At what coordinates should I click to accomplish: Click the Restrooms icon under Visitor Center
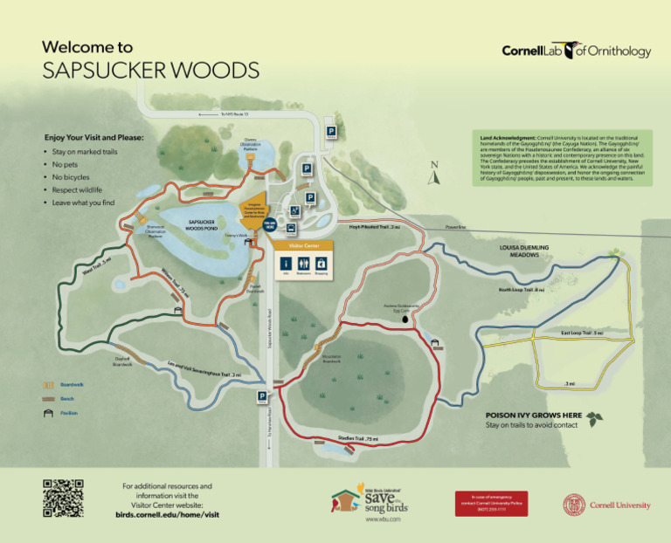pos(303,264)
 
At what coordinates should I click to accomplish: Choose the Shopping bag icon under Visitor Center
pos(321,264)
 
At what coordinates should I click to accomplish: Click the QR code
pos(63,498)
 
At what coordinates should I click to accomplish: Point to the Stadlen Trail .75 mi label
pos(358,437)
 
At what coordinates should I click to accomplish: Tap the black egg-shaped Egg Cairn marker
pos(405,320)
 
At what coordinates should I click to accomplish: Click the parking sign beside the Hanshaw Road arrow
pos(262,398)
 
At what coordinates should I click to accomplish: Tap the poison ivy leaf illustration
pos(596,418)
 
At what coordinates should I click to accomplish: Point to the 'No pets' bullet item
pos(66,164)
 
